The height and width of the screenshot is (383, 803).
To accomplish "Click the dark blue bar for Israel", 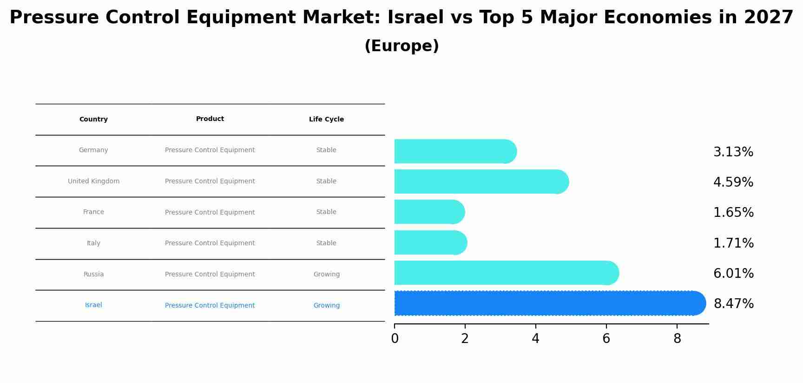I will point(548,303).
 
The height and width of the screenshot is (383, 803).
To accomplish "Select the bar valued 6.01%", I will point(506,273).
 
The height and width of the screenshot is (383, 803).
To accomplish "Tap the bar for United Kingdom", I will point(481,181).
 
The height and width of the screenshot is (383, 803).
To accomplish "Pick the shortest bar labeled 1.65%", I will point(429,212).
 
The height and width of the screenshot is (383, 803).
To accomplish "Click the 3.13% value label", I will point(733,152).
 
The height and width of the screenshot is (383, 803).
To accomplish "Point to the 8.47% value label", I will point(733,304).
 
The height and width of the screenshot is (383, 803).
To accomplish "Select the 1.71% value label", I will point(733,243).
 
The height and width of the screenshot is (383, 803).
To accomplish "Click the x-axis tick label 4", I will point(535,339).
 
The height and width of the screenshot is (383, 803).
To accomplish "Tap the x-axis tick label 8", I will point(677,339).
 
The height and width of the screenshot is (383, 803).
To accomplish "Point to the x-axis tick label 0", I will point(395,339).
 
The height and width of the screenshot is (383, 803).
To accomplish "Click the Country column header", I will point(93,120).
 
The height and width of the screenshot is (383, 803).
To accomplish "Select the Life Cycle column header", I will point(326,120).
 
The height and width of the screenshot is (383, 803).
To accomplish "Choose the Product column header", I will point(210,119).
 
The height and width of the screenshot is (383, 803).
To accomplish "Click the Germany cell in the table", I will point(93,150).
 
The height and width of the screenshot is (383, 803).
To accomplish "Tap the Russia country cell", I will point(93,275).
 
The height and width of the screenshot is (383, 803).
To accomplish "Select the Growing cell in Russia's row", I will point(326,275).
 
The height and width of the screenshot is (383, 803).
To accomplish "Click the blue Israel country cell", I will point(93,305).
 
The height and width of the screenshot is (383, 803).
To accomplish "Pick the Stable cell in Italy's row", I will point(326,243).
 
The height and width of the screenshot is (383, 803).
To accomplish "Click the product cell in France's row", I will point(210,213).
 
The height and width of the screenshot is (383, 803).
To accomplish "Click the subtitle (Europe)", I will point(401,46).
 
